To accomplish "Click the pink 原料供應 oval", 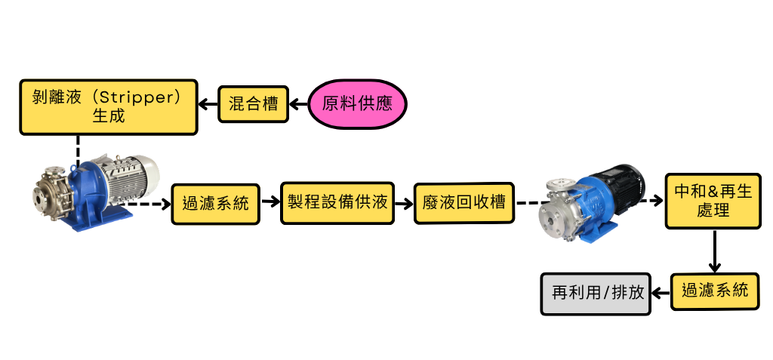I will (x=357, y=103).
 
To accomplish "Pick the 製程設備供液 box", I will (x=337, y=202).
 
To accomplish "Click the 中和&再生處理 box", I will (x=713, y=201).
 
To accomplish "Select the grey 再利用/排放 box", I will (x=596, y=292).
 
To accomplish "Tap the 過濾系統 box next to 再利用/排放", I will (x=714, y=290).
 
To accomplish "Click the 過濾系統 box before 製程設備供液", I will (x=215, y=203).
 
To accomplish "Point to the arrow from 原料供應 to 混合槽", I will (x=298, y=104).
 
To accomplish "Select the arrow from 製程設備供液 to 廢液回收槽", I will (x=404, y=203).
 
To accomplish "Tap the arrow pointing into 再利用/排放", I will (x=662, y=292).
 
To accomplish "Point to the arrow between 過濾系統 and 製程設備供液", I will (x=270, y=203).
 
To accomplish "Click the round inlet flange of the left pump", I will (x=40, y=198).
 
